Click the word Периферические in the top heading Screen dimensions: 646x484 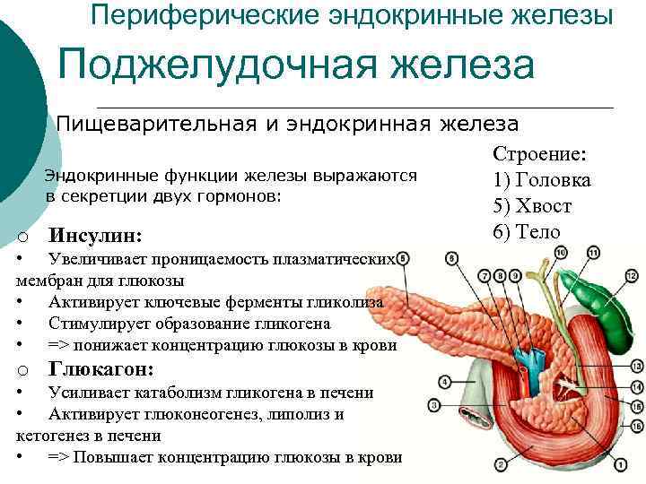tap(192, 15)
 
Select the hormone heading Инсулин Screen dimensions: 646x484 tap(95, 236)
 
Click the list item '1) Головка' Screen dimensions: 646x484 tap(542, 180)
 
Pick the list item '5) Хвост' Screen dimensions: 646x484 tap(532, 206)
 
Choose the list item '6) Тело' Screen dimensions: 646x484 tap(526, 231)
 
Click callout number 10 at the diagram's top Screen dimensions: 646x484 tap(560, 254)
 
